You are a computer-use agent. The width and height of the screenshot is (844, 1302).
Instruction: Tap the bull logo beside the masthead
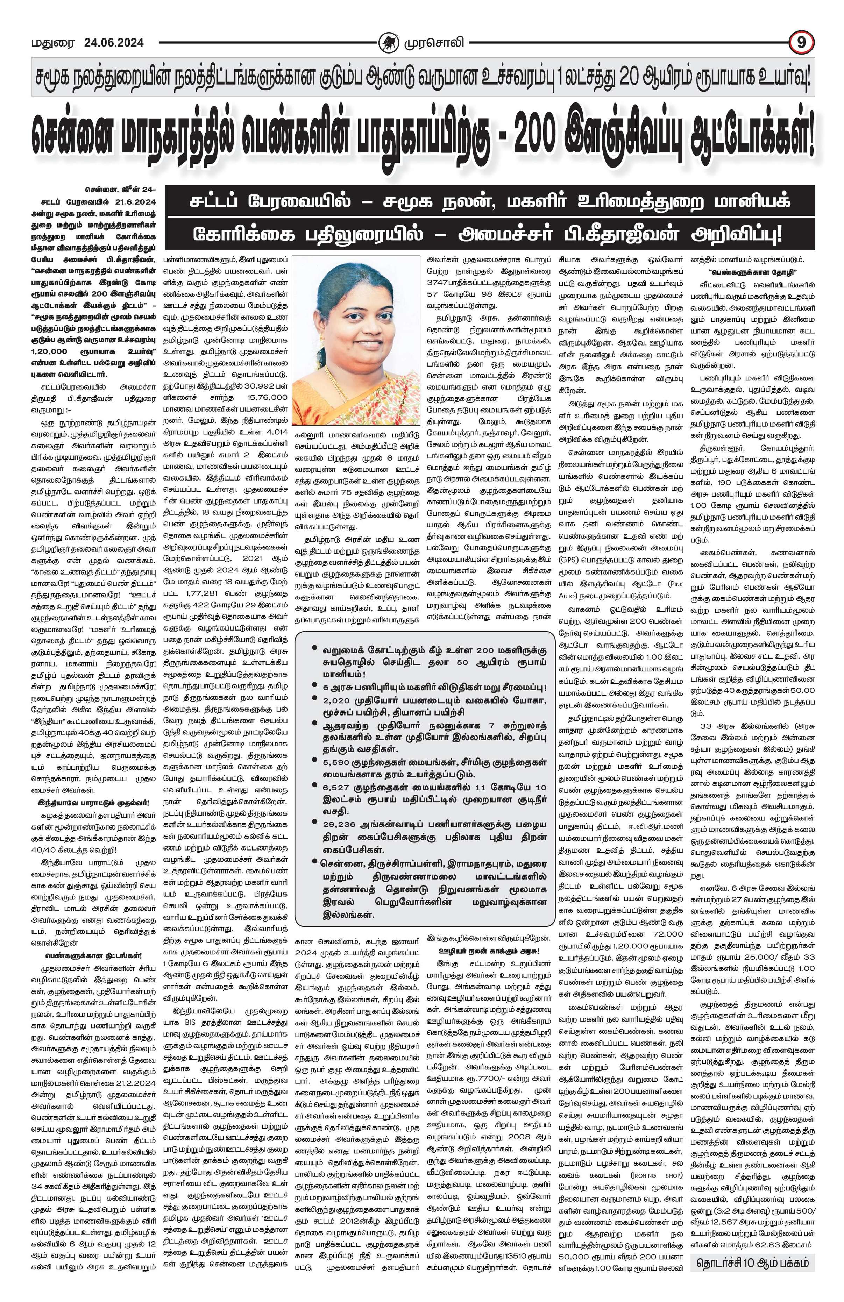click(x=389, y=42)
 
